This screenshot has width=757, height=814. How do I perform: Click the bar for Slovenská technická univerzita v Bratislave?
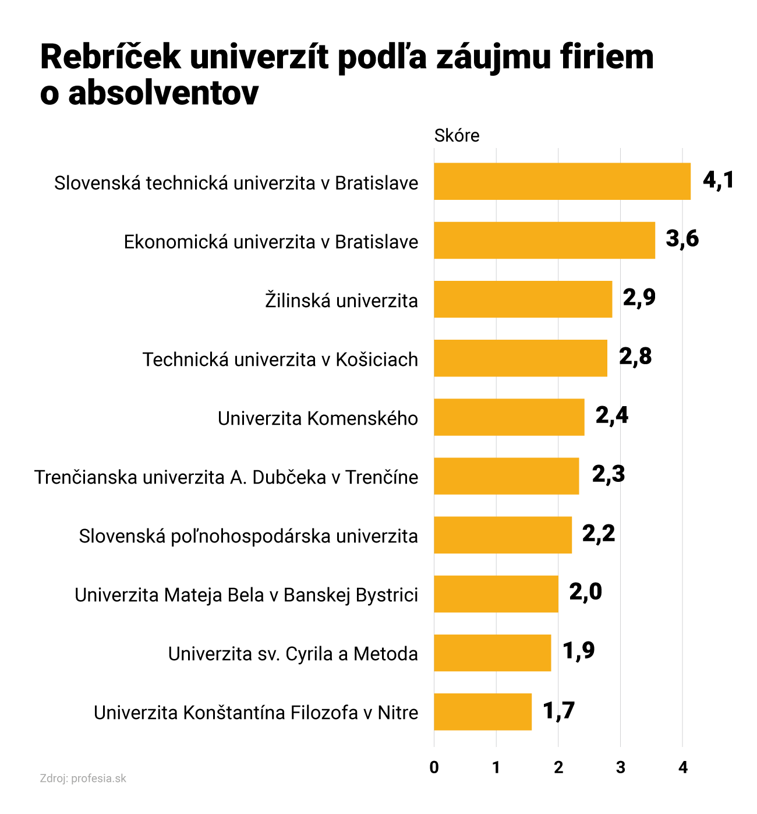(x=562, y=181)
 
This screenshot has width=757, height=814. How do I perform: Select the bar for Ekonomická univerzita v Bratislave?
(x=544, y=240)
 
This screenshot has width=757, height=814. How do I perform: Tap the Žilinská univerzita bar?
(x=523, y=299)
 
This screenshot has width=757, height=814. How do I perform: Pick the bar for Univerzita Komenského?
(x=509, y=417)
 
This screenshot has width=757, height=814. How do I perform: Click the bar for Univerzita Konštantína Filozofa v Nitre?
(x=483, y=711)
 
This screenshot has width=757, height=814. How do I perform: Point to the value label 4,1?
(x=718, y=180)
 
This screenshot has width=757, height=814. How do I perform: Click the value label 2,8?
(x=635, y=356)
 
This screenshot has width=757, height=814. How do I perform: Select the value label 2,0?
(x=585, y=592)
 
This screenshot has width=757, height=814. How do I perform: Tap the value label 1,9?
(x=578, y=650)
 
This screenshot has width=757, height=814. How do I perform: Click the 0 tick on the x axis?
(x=434, y=768)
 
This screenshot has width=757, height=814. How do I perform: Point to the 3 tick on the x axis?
(x=621, y=768)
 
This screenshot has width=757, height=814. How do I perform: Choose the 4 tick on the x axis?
(x=683, y=768)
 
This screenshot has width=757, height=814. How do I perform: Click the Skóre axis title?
(x=457, y=136)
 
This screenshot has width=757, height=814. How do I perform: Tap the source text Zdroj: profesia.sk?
(x=83, y=778)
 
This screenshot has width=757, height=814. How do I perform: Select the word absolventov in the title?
(x=164, y=93)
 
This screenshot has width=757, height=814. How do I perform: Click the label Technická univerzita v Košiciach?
(x=281, y=360)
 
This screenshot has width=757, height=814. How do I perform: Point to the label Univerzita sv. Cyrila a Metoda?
(x=293, y=654)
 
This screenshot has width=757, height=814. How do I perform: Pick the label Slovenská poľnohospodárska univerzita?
(x=249, y=536)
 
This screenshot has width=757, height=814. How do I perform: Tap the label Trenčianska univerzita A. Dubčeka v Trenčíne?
(x=227, y=477)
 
